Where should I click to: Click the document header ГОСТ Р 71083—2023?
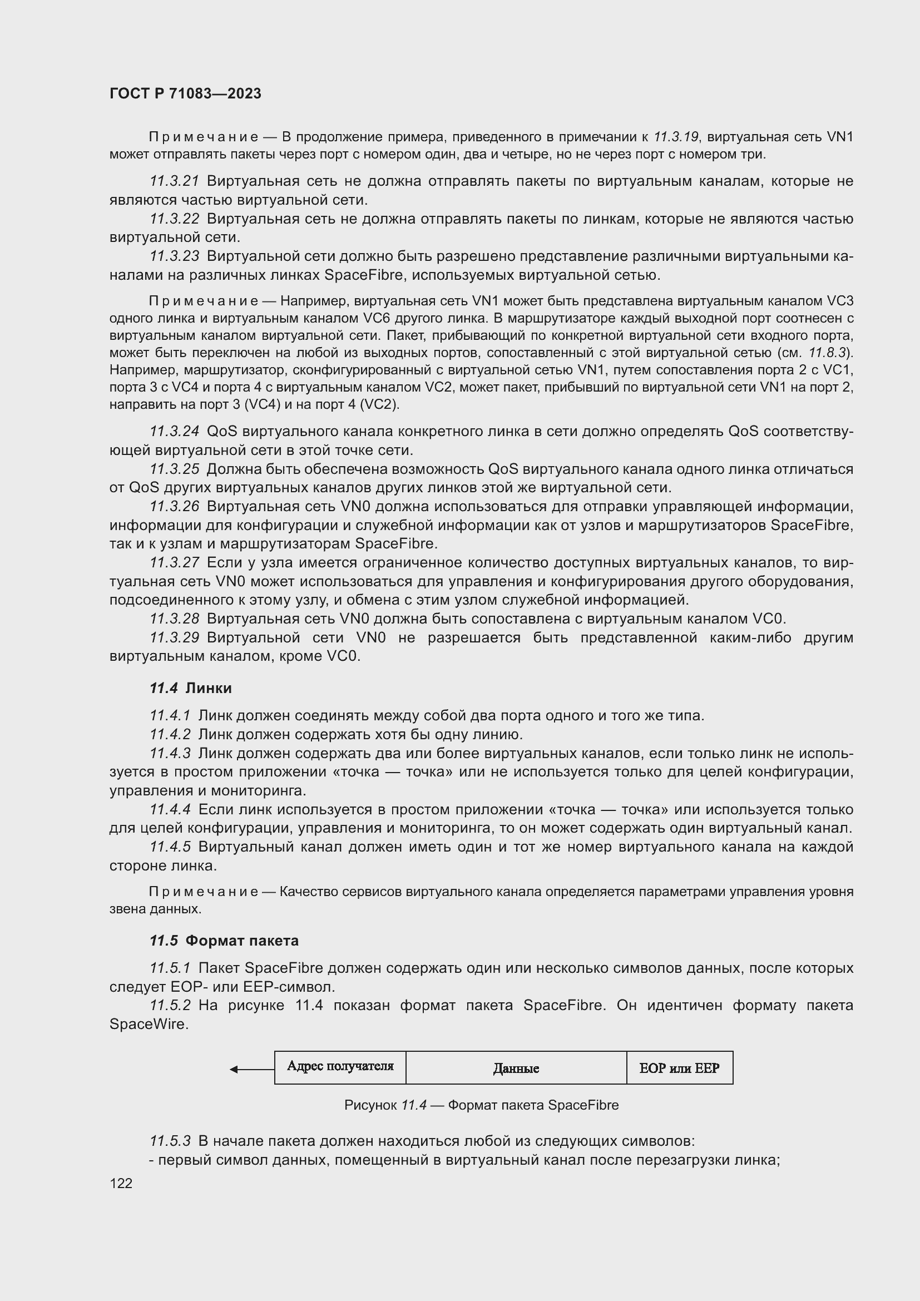point(185,93)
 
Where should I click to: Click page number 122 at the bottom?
point(121,1183)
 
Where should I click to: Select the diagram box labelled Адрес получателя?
point(340,1066)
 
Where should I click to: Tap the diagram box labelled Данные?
point(516,1068)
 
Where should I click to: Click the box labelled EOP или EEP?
point(679,1068)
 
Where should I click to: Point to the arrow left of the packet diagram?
point(251,1069)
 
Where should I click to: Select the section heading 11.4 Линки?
point(190,688)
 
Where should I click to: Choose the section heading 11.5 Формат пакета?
point(224,941)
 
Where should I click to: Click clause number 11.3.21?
point(175,181)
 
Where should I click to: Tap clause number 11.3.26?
point(175,506)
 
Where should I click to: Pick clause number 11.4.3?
point(170,753)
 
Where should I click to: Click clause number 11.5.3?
point(170,1141)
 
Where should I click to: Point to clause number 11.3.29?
point(175,637)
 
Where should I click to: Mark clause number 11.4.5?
point(170,847)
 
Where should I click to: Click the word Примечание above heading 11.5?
point(204,891)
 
